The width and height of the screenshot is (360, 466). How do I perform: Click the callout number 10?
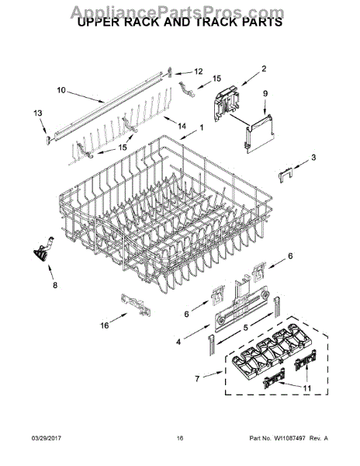[61, 90]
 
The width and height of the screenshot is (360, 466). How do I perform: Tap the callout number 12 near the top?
[197, 71]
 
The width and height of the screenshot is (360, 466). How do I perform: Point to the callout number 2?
[263, 69]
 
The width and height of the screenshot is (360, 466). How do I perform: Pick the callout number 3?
[313, 158]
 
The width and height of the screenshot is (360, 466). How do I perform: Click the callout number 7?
[199, 378]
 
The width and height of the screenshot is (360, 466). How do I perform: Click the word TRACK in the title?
[204, 23]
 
